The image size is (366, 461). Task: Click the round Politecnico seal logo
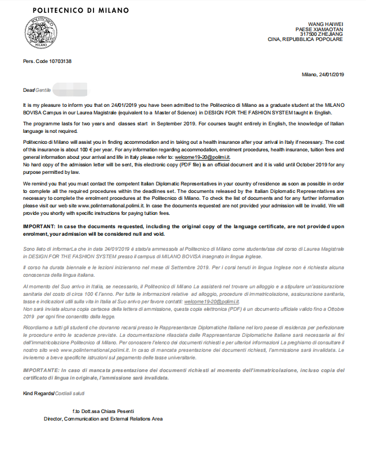tap(40, 33)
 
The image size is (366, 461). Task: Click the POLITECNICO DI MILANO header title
tap(81, 10)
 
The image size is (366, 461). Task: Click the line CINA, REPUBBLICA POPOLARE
tap(306, 40)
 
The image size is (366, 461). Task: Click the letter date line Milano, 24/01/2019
tap(323, 74)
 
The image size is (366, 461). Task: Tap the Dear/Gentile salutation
tap(36, 91)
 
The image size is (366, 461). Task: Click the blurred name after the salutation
tap(69, 91)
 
